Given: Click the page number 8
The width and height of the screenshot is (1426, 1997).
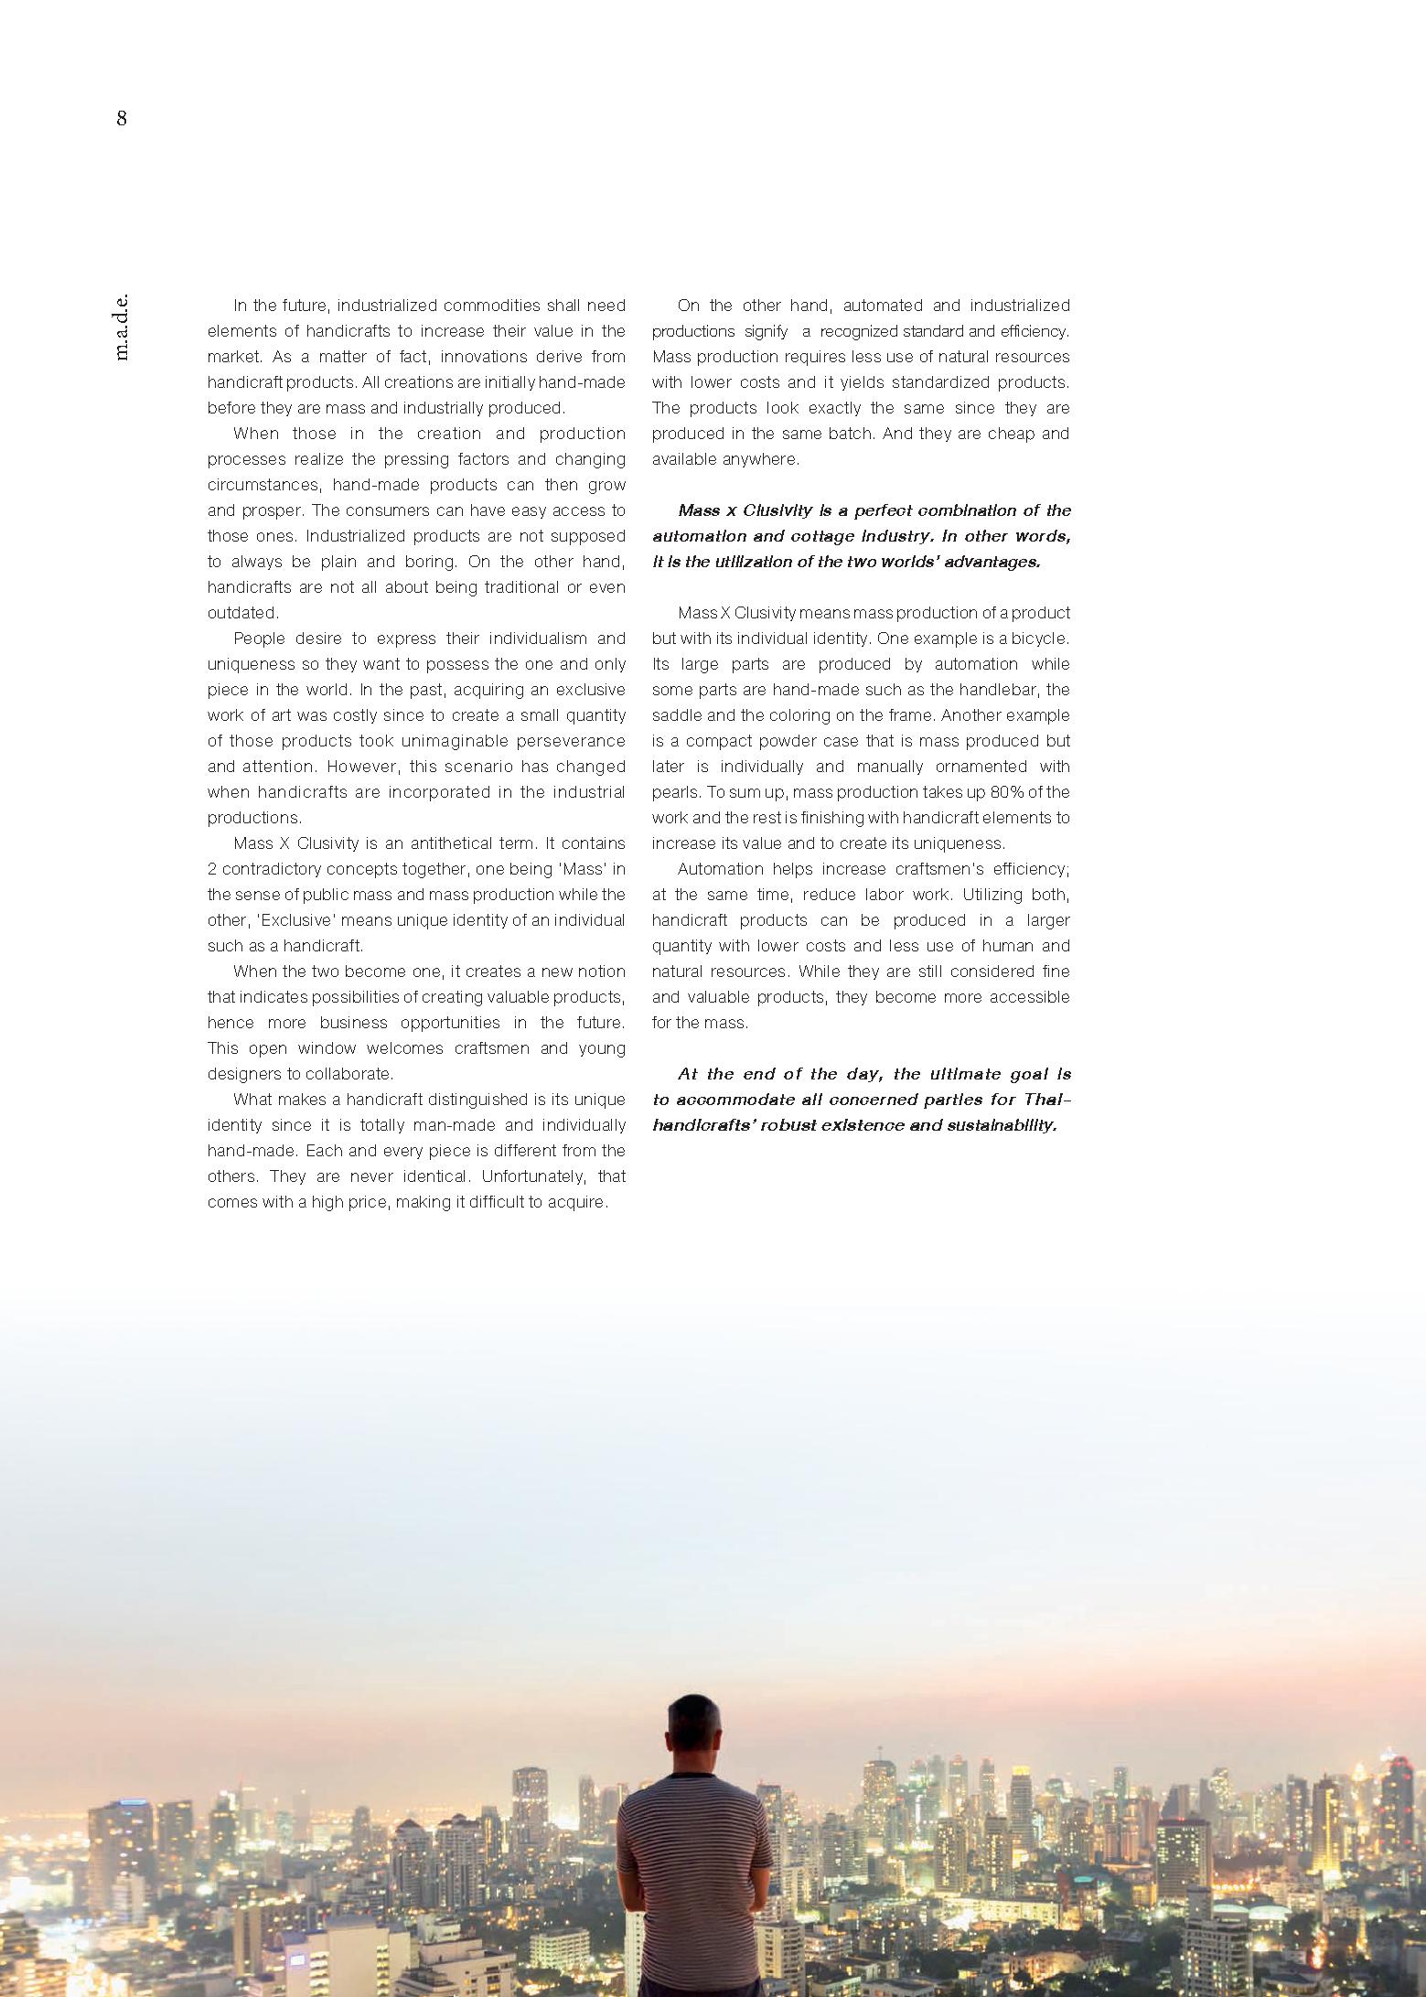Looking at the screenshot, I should [x=122, y=119].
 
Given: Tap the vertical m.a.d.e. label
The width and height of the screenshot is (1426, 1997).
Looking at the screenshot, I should [x=123, y=327].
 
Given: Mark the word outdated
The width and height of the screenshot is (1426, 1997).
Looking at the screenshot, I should [x=242, y=613].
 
